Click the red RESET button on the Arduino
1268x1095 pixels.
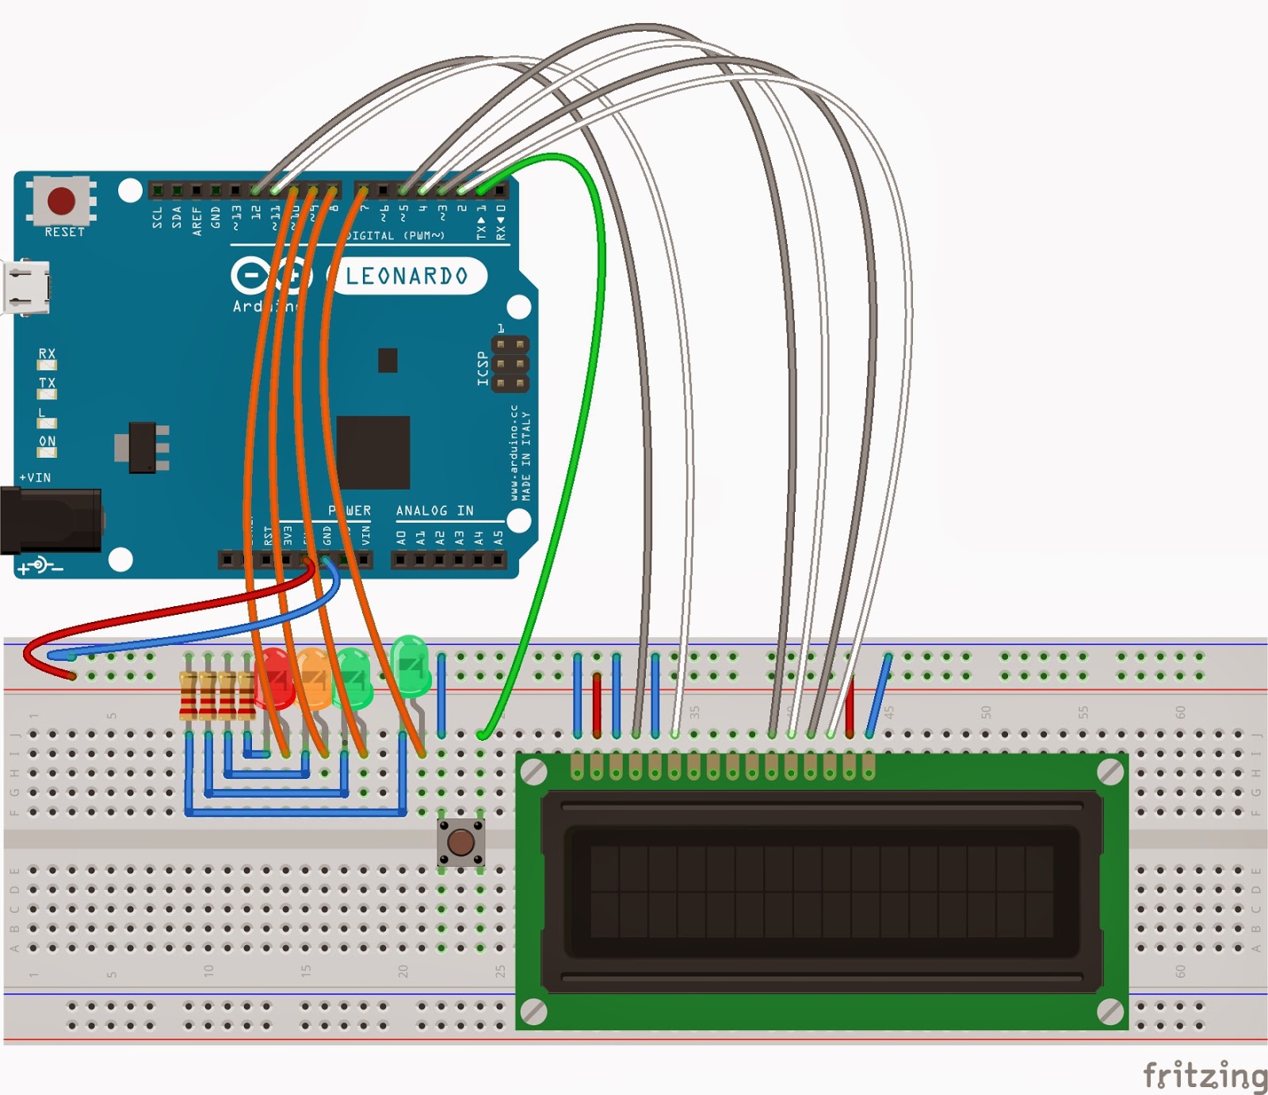(62, 201)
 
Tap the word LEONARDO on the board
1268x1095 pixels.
(407, 276)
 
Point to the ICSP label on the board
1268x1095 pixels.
(483, 368)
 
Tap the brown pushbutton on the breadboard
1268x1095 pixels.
(460, 842)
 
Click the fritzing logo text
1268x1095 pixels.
(1204, 1075)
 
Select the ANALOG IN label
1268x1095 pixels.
(434, 511)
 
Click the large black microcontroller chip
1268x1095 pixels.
(372, 452)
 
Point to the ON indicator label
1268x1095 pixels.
(48, 441)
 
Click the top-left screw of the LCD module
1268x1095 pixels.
(534, 772)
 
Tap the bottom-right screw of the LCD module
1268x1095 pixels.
(1109, 1011)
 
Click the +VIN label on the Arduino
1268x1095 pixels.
(35, 478)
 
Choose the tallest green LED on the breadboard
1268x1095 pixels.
(411, 664)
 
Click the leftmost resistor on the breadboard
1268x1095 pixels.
(189, 694)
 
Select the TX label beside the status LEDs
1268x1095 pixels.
(48, 383)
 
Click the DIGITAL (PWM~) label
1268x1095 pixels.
(394, 235)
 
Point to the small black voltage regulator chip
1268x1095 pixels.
(143, 448)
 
